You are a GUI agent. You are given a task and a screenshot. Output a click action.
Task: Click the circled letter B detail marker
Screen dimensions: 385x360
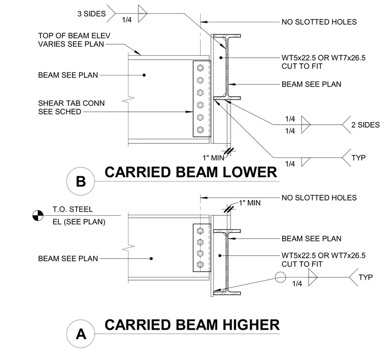[x=81, y=181]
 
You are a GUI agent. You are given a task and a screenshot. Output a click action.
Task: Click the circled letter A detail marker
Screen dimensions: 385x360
[x=81, y=334]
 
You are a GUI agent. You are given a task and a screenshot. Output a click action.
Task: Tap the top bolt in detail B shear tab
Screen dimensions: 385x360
[x=200, y=68]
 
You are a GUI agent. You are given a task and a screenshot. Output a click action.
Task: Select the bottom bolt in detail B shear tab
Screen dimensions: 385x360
[x=200, y=130]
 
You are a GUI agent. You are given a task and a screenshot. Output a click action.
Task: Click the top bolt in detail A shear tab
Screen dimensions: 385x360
[x=200, y=231]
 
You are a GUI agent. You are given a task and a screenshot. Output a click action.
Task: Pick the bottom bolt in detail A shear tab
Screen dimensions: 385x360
[x=200, y=264]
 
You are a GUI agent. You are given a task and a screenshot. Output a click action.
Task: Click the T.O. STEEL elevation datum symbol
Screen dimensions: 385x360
[x=38, y=216]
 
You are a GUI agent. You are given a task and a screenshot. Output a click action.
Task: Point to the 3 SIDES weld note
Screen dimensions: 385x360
[x=92, y=14]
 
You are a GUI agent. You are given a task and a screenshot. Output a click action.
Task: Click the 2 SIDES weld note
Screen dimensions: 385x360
[x=365, y=125]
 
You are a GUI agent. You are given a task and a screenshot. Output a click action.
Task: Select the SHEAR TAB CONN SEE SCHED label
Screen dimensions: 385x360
[x=71, y=107]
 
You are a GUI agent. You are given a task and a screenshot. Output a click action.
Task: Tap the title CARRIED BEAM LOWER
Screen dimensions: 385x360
[x=191, y=172]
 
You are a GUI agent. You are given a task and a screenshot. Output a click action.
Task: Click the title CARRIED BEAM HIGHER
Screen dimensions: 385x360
[x=192, y=325]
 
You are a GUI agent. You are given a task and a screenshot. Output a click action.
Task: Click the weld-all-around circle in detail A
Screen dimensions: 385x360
[x=281, y=277]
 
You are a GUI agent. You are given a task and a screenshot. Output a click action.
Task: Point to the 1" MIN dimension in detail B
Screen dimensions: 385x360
[x=213, y=158]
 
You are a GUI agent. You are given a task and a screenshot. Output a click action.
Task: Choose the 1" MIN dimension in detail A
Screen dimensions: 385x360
[x=250, y=203]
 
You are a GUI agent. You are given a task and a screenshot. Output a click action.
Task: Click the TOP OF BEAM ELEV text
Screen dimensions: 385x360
[x=74, y=36]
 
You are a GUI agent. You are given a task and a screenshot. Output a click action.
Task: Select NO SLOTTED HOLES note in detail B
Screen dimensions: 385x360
[x=319, y=22]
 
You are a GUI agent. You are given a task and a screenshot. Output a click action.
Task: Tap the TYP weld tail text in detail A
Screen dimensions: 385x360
[x=366, y=277]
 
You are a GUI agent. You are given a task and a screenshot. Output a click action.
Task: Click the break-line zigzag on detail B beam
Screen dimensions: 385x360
[x=128, y=99]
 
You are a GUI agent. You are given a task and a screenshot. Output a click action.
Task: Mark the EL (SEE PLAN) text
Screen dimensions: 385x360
[x=79, y=222]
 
